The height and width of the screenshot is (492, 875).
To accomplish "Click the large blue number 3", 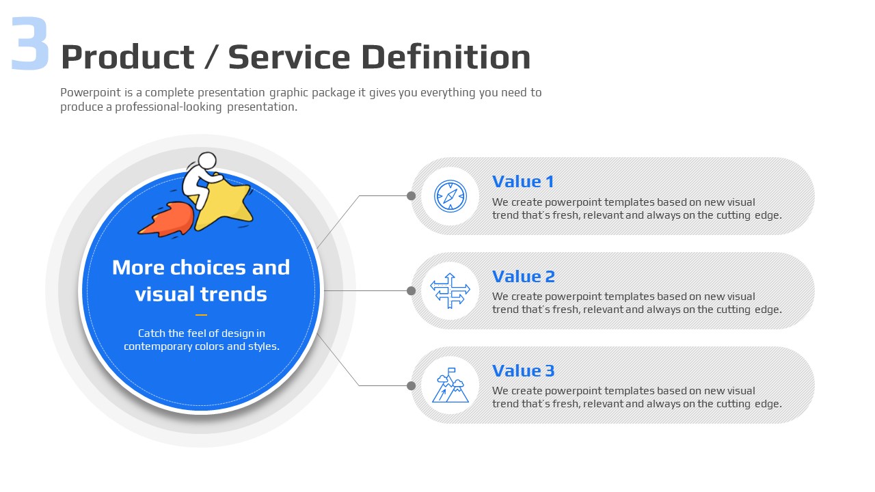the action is click(x=30, y=43).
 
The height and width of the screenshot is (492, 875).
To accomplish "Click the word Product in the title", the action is click(x=128, y=57).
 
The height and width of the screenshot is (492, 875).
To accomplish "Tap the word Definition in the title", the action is click(x=446, y=57).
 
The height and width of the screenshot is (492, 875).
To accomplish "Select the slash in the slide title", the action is click(x=211, y=57).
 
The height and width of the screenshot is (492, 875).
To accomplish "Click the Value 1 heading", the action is click(x=523, y=182).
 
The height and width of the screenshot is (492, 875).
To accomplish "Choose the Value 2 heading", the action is click(x=524, y=277).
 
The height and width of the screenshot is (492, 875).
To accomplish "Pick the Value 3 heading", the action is click(x=524, y=370).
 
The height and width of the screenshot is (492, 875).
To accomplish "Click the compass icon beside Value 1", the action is click(x=450, y=196).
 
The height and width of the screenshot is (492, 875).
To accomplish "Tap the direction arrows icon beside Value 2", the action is click(x=450, y=290).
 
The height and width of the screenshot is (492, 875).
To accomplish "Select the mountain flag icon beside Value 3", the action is click(x=450, y=385).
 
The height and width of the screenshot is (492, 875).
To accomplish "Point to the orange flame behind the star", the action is click(x=167, y=220).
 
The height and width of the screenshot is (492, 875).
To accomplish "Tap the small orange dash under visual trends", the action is click(x=201, y=315).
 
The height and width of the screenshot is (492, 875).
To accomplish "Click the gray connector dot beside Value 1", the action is click(x=411, y=195).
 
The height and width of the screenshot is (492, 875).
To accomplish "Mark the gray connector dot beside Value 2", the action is click(x=411, y=290).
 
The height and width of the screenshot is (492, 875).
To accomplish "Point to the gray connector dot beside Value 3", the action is click(x=411, y=386).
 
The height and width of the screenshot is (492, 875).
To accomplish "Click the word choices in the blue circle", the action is click(x=208, y=267).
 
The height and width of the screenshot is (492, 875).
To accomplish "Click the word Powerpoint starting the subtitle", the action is click(x=91, y=93).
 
